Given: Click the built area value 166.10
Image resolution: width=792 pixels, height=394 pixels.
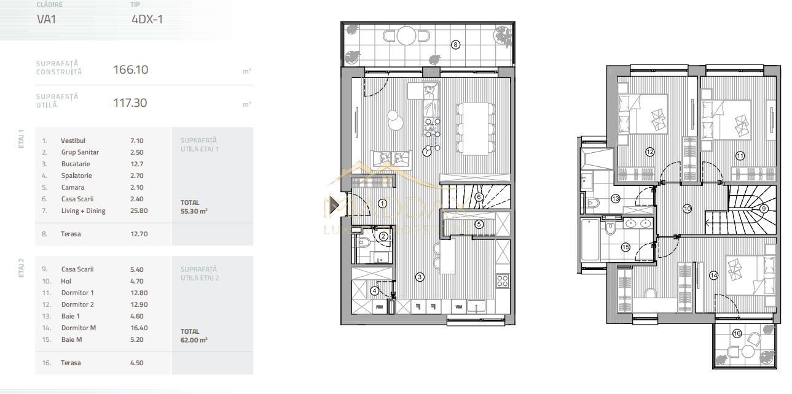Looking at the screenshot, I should (x=130, y=69).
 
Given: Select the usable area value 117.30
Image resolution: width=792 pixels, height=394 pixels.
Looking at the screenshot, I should (x=130, y=102).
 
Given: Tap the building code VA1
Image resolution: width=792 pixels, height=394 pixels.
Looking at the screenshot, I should (x=47, y=19).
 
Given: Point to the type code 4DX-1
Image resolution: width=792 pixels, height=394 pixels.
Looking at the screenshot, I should (x=147, y=19).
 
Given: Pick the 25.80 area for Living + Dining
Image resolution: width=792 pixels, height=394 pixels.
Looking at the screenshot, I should (x=139, y=211).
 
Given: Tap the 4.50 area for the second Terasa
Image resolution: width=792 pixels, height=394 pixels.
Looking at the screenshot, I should (x=137, y=363).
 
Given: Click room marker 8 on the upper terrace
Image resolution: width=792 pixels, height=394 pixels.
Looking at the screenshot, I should (x=455, y=44).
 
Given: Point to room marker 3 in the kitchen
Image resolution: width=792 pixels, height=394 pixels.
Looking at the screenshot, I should (x=419, y=277).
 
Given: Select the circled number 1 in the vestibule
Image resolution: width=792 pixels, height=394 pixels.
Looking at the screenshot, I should (x=382, y=204).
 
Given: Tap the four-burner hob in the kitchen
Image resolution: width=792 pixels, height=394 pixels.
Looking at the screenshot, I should (x=502, y=281).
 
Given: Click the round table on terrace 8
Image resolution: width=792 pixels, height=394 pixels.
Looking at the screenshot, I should (x=406, y=36).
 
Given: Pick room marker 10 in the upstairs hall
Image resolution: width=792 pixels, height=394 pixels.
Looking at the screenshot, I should (x=687, y=209).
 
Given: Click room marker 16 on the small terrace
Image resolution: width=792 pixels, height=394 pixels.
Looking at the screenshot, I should (x=737, y=333).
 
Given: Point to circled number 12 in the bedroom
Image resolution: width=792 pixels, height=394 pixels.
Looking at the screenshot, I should (x=649, y=152).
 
